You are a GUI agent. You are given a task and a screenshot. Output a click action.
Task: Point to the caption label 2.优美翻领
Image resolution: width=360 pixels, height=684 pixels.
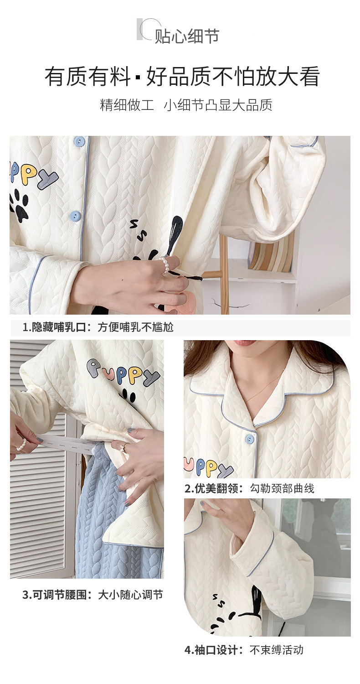click(x=215, y=488)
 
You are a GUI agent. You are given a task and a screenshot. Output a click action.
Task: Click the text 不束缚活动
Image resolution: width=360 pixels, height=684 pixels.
click(x=277, y=650)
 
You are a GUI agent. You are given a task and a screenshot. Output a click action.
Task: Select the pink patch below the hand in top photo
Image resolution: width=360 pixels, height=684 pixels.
click(x=185, y=302)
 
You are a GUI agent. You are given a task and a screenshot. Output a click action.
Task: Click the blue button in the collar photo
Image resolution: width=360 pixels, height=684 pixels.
click(x=249, y=439)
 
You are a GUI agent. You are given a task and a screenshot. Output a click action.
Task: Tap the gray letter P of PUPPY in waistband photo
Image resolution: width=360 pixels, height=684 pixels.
click(x=95, y=368)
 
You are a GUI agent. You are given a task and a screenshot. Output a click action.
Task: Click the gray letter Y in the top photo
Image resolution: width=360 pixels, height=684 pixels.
click(x=48, y=181)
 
